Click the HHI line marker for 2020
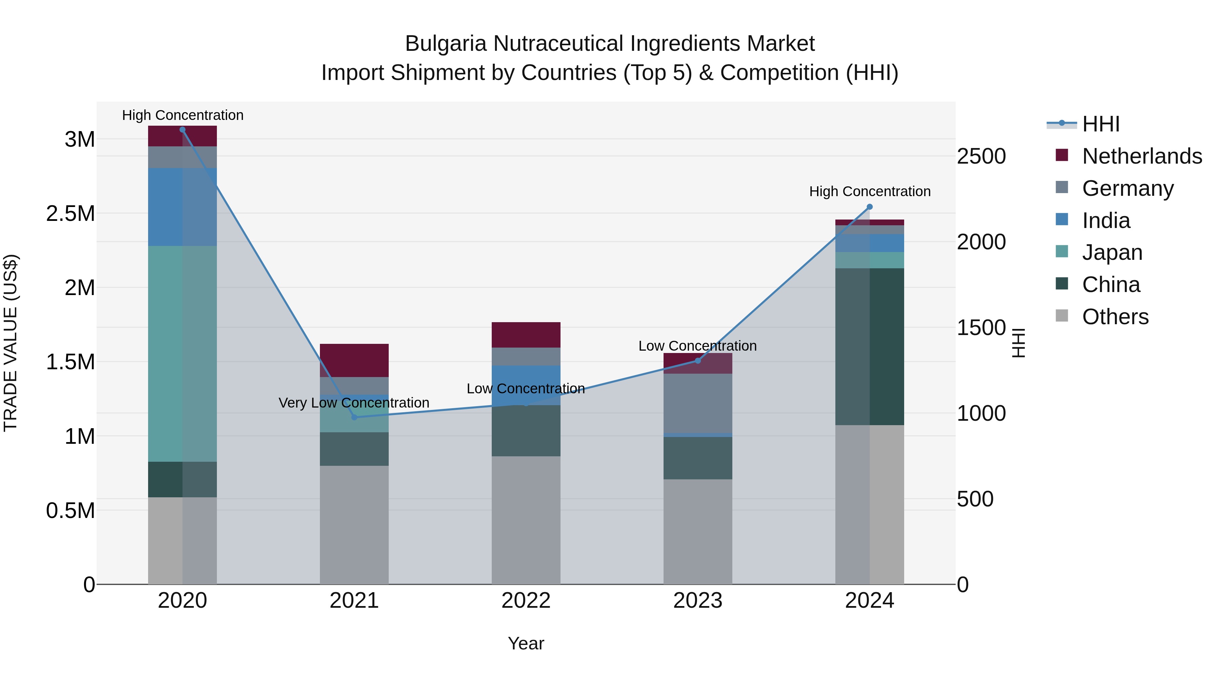pos(182,130)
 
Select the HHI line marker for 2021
pos(354,417)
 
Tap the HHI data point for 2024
pos(870,207)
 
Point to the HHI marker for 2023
pos(698,361)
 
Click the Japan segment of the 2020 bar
pos(182,354)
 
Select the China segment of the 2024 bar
pos(870,347)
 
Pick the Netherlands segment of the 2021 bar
pos(354,360)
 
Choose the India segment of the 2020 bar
pos(182,207)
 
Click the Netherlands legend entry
pos(1142,156)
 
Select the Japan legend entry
pos(1112,252)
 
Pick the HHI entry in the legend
pos(1101,124)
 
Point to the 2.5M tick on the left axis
pos(70,213)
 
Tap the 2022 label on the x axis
pos(526,601)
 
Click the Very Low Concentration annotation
pos(354,403)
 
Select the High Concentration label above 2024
pos(870,191)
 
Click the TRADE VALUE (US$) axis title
pos(11,343)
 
